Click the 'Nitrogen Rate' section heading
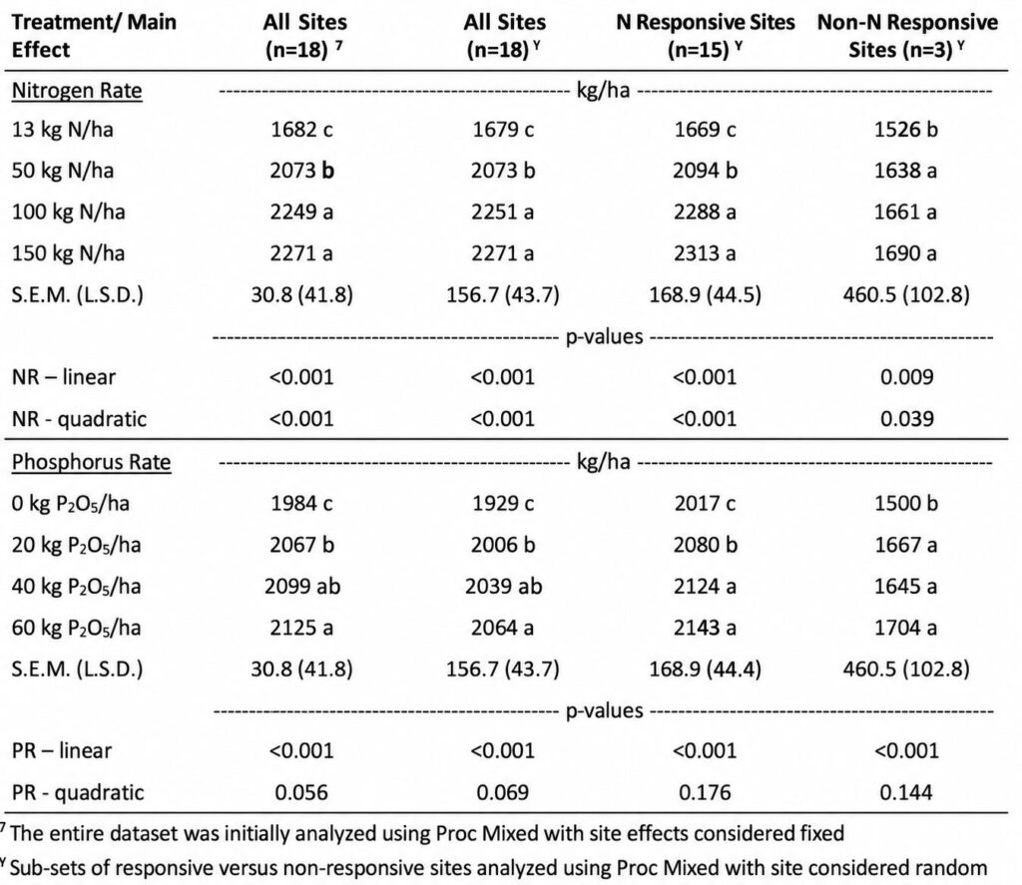[x=77, y=91]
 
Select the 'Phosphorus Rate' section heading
[x=91, y=462]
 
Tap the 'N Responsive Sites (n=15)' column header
[x=706, y=36]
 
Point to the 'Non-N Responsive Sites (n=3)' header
[x=907, y=36]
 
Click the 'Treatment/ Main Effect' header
[x=94, y=36]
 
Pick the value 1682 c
[x=301, y=130]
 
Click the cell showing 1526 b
[x=906, y=130]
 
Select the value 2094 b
[x=706, y=171]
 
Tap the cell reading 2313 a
[x=705, y=252]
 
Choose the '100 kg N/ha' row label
[x=69, y=213]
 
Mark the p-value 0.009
[x=906, y=377]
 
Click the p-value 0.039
[x=906, y=419]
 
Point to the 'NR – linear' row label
[x=64, y=377]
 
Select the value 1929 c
[x=503, y=503]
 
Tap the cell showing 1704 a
[x=906, y=628]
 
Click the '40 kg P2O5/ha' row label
[x=76, y=587]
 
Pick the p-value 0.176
[x=705, y=792]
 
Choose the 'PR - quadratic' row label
[x=78, y=792]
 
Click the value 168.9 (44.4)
[x=706, y=669]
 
